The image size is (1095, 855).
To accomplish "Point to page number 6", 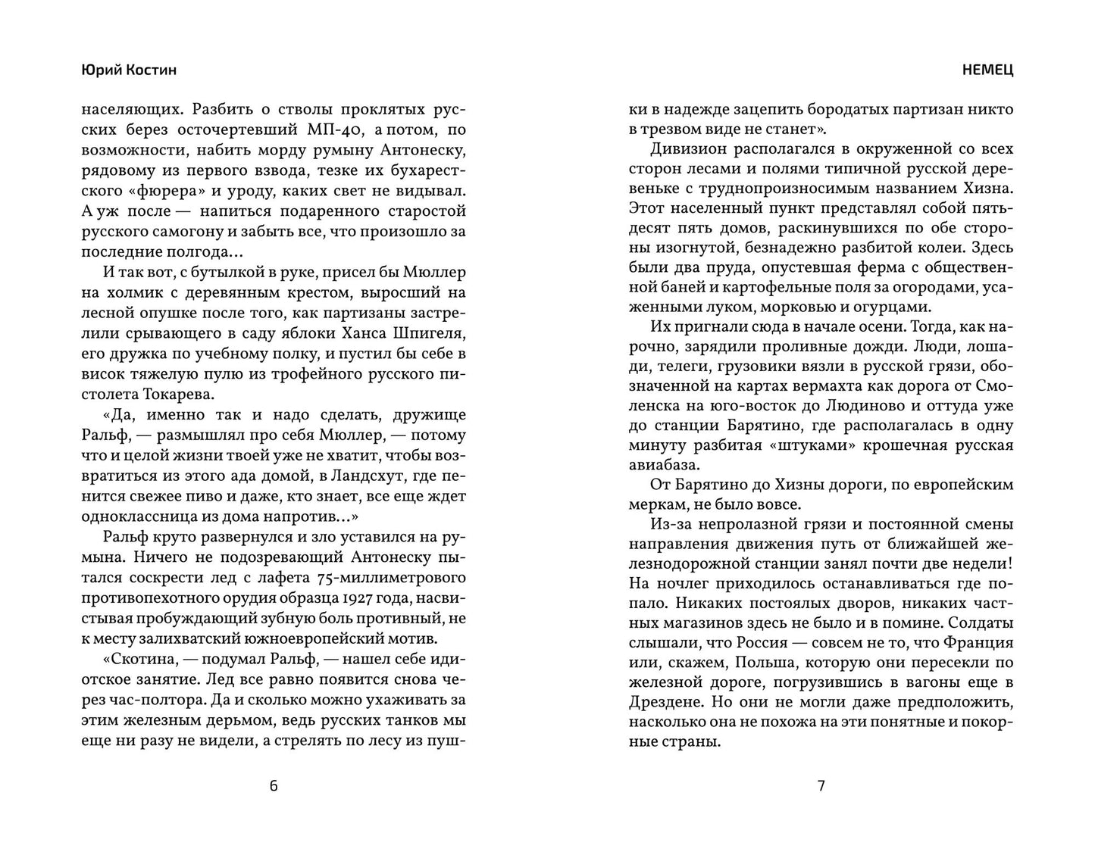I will click(274, 785).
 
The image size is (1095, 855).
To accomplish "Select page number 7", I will click(821, 785).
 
